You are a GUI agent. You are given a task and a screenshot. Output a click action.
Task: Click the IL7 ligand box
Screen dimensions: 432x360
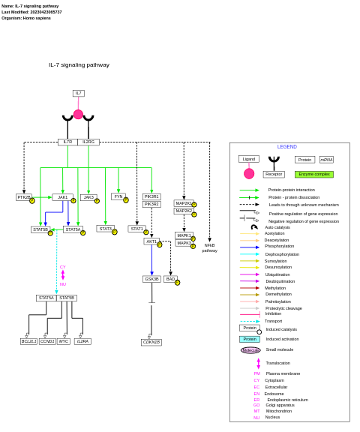click(78, 93)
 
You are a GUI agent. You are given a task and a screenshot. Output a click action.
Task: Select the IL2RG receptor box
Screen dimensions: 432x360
click(88, 142)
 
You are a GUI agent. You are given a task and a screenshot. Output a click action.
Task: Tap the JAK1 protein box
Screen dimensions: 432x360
click(62, 197)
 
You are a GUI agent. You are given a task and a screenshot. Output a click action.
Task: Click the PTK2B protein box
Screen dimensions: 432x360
click(24, 197)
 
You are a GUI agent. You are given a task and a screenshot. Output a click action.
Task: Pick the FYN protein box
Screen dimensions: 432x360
click(118, 196)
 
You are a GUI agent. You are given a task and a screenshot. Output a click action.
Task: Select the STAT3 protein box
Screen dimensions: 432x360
click(106, 229)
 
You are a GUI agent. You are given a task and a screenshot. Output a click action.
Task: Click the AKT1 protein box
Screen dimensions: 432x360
click(151, 241)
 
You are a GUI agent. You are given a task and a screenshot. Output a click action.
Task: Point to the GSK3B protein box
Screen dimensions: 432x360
click(151, 279)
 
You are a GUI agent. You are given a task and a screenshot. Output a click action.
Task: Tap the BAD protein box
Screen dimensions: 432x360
click(170, 279)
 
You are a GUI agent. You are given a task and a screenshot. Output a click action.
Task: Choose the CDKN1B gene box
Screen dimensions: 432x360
click(151, 342)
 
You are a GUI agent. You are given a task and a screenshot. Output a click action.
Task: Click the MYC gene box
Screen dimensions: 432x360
click(64, 341)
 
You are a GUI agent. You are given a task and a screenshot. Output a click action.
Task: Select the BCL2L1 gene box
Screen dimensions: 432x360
click(28, 341)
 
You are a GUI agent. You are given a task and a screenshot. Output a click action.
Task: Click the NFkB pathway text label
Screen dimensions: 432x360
click(209, 247)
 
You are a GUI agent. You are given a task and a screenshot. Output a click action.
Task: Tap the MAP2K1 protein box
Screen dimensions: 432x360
click(184, 203)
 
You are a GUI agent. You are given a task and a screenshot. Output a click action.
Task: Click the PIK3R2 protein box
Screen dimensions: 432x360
click(151, 204)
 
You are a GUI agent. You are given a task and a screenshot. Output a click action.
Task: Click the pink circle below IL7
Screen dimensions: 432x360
click(78, 114)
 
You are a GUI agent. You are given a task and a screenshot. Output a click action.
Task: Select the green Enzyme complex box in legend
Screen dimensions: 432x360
click(313, 174)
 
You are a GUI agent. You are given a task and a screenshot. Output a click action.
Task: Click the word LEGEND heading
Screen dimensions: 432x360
click(287, 147)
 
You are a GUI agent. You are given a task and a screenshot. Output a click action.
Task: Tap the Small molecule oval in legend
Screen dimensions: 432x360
click(250, 350)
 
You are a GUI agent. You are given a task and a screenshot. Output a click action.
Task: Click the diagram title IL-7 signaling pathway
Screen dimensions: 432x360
click(79, 65)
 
